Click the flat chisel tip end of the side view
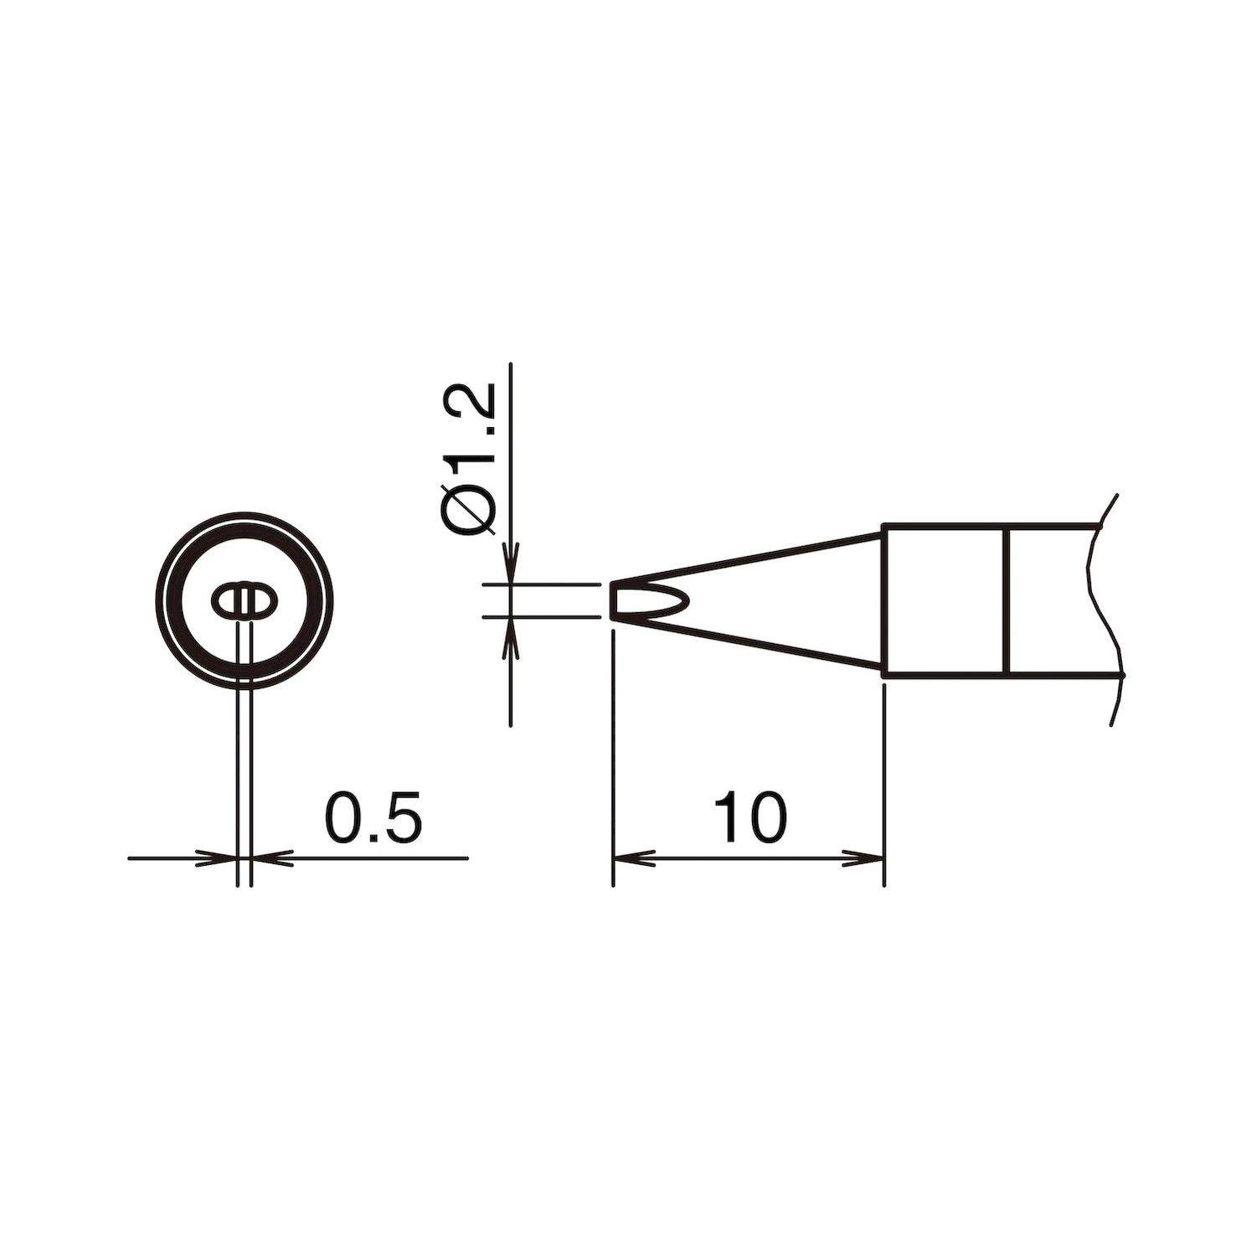click(x=614, y=600)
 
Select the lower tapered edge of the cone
click(x=745, y=644)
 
